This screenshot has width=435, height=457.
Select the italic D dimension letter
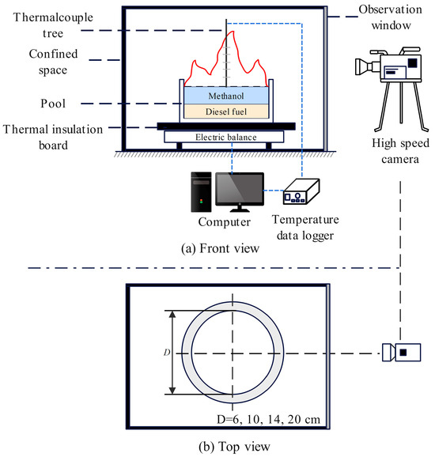162,352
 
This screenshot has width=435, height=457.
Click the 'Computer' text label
218,222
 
